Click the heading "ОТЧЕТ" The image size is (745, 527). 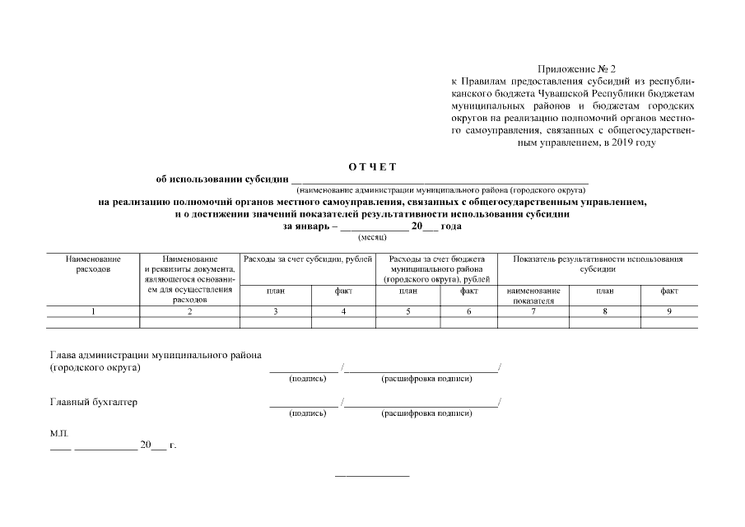pyautogui.click(x=372, y=166)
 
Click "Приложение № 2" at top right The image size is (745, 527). pyautogui.click(x=576, y=69)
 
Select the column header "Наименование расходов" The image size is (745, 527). pyautogui.click(x=93, y=264)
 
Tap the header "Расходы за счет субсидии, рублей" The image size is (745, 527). pyautogui.click(x=309, y=259)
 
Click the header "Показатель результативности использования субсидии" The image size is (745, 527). pyautogui.click(x=598, y=264)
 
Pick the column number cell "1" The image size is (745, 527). pyautogui.click(x=93, y=311)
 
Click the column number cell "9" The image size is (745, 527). pyautogui.click(x=669, y=311)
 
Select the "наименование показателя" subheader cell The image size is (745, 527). pyautogui.click(x=533, y=296)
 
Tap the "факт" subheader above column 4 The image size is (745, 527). pyautogui.click(x=343, y=291)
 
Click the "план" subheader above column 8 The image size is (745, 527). pyautogui.click(x=605, y=291)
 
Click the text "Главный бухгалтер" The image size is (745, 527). pyautogui.click(x=94, y=403)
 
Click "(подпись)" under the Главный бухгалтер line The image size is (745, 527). pyautogui.click(x=308, y=413)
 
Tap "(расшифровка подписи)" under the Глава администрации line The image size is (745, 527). pyautogui.click(x=426, y=379)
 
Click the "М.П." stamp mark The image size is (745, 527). pyautogui.click(x=59, y=431)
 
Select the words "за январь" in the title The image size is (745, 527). pyautogui.click(x=306, y=226)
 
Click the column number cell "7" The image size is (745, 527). pyautogui.click(x=533, y=311)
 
